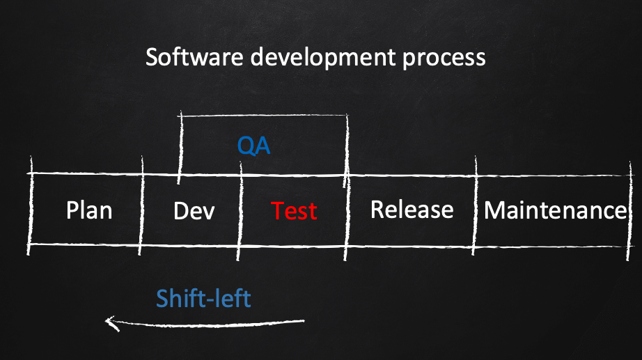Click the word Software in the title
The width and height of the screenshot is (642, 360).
(194, 56)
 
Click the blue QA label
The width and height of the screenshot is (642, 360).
(254, 146)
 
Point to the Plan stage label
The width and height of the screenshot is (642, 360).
(89, 210)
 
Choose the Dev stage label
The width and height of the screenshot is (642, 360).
(194, 211)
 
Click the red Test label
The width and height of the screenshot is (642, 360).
(294, 211)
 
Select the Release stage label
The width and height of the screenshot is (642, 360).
(412, 210)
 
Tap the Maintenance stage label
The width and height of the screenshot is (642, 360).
(556, 210)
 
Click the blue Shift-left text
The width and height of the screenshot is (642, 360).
(203, 298)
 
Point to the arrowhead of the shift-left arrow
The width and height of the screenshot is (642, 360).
(108, 322)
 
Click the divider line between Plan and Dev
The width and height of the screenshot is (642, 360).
(141, 205)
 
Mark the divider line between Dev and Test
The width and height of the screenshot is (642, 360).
(240, 211)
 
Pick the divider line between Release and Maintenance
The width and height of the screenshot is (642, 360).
(475, 205)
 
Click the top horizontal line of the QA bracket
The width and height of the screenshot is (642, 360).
(263, 116)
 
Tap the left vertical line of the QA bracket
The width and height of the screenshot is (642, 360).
(180, 148)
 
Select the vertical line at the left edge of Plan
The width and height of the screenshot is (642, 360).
(30, 205)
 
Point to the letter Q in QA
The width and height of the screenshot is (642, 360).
(245, 146)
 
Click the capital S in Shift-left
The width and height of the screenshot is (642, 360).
(162, 299)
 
